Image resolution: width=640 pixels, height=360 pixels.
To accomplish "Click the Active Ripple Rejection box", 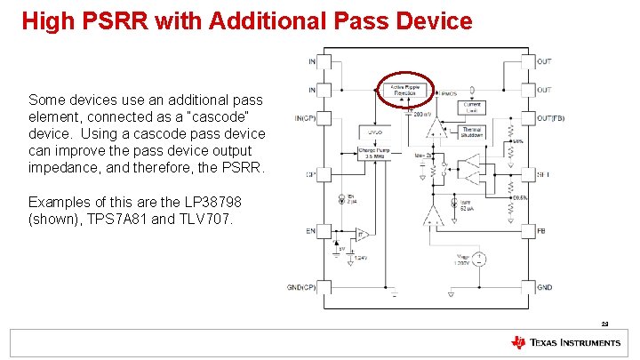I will point(405,88).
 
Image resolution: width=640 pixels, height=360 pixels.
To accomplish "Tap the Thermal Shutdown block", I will point(472,132).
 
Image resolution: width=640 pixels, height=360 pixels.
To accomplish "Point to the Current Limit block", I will point(471,106).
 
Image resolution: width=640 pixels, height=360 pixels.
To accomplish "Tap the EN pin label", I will point(311,230).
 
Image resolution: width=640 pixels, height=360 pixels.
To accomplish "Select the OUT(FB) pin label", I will point(551,118).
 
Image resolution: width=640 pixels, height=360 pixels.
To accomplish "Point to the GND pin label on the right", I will point(544,287).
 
